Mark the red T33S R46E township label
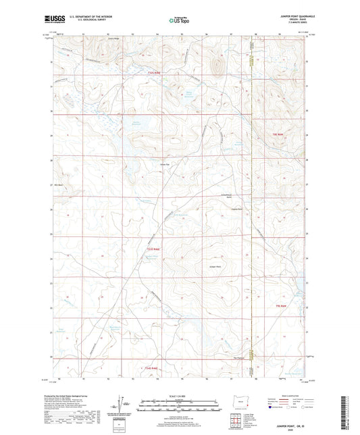point(154,250)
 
